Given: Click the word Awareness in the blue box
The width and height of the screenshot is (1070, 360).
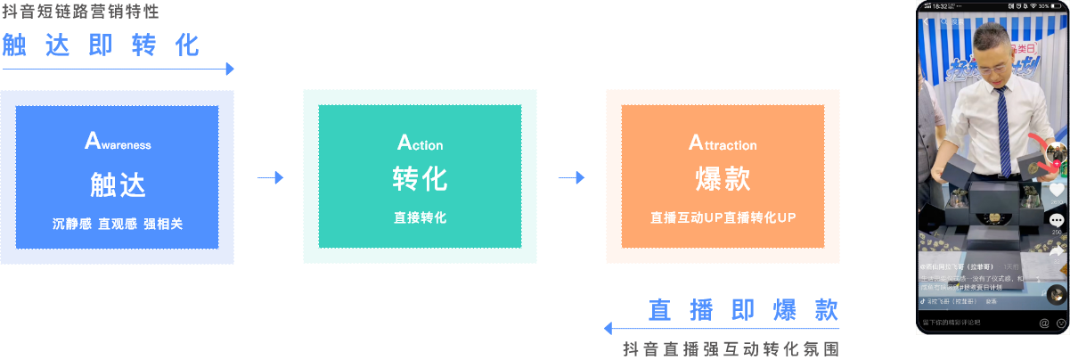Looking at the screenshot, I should tap(118, 143).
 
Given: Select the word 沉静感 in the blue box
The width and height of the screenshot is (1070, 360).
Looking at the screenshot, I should tap(71, 224).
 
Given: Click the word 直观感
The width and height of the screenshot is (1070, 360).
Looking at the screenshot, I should tap(118, 224).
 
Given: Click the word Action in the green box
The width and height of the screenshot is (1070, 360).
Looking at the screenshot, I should tap(420, 143).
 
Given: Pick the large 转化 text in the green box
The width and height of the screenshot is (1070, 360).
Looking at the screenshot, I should tap(420, 178).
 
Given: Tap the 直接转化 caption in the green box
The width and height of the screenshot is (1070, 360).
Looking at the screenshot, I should tap(420, 217).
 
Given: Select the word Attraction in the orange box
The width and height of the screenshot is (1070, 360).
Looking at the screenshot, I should tap(723, 143).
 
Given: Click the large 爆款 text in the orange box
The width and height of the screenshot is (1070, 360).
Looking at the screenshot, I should tap(723, 178).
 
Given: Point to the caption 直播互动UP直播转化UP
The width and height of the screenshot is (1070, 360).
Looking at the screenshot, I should tap(723, 217).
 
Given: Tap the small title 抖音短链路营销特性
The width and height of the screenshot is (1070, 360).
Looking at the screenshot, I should tap(81, 12).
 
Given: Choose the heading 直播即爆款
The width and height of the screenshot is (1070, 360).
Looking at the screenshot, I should tap(743, 309).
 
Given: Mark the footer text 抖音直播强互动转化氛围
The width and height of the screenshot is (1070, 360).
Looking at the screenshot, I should tap(731, 348).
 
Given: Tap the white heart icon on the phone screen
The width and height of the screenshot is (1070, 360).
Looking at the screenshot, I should tap(1057, 190).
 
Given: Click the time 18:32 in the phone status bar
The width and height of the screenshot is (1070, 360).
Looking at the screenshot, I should tap(939, 5).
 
